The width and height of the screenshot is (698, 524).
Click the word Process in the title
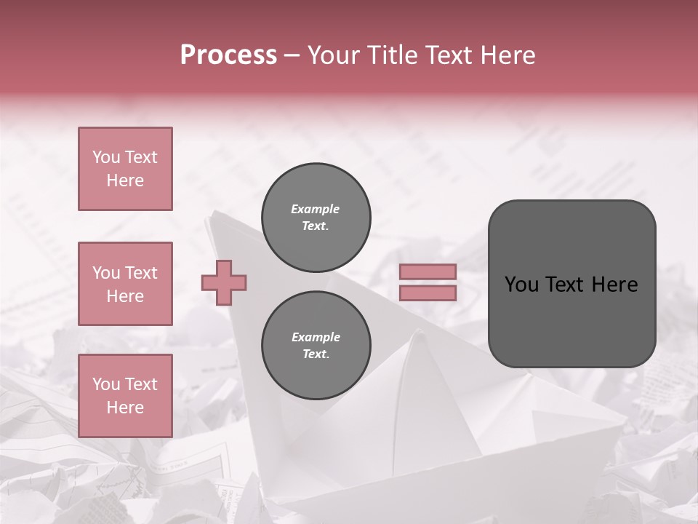point(228,55)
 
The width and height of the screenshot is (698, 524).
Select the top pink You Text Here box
point(125,169)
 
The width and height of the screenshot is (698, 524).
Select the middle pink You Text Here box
point(125,284)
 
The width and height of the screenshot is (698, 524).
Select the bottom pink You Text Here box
point(125,396)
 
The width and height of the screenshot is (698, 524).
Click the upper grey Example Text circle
point(316,218)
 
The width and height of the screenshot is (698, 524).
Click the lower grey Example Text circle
point(316,345)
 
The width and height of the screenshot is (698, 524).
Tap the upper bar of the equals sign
point(428,272)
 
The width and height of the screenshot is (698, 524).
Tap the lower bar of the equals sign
point(428,293)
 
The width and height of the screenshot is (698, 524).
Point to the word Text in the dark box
point(561,285)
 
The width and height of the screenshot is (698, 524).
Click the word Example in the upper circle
point(316,209)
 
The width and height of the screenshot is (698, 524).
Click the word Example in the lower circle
point(316,337)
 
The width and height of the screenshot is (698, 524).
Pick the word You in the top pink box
point(105,157)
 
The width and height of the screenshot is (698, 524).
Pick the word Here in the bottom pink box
point(125,408)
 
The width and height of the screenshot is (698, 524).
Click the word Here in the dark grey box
point(614,285)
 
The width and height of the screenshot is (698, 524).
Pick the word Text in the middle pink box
point(140,273)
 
